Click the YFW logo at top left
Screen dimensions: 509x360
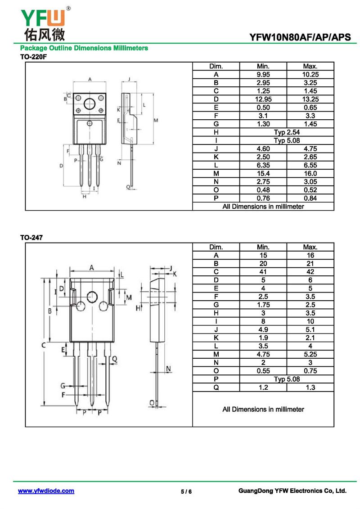43,23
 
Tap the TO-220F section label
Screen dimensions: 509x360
33,57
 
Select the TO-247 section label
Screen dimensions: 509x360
31,238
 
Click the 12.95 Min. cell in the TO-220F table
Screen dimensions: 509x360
263,99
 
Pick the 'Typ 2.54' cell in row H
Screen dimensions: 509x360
287,132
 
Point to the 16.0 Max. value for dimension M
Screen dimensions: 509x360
310,173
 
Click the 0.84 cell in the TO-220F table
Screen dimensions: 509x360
310,198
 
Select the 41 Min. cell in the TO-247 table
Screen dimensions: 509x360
263,272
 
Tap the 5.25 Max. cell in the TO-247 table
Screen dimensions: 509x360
310,354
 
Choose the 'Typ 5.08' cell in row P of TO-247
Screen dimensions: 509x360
287,379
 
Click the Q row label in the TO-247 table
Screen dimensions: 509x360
216,387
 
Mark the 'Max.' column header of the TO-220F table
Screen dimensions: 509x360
310,66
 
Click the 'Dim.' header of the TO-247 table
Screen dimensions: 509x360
216,247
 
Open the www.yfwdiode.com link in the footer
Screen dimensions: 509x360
46,491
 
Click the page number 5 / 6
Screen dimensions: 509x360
186,491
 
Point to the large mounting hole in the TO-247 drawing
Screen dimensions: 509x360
92,296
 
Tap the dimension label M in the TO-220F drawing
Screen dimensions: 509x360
156,120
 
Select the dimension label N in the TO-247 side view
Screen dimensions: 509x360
168,369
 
